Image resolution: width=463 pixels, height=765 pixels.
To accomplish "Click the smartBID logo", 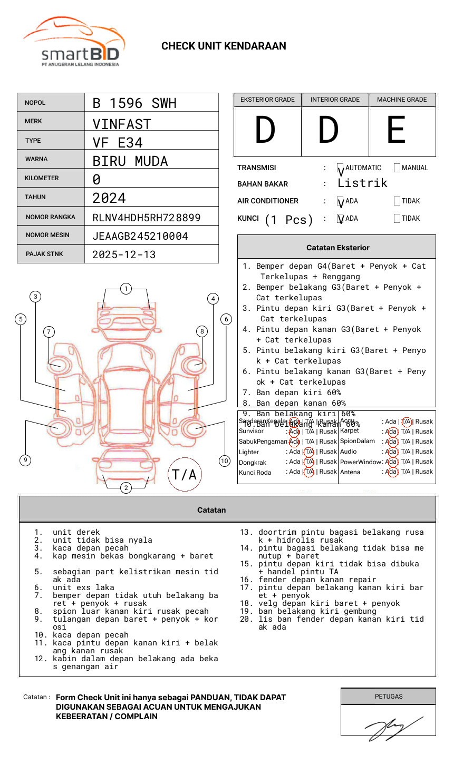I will [74, 43].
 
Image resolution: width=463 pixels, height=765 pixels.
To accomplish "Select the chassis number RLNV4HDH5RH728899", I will [146, 218].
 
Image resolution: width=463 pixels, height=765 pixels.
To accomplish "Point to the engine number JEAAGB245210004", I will [140, 236].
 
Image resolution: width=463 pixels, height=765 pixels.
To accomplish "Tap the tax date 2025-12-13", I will [124, 255].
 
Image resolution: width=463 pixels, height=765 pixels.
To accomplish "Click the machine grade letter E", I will [396, 130].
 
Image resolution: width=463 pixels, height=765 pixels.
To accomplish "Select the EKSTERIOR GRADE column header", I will [267, 100].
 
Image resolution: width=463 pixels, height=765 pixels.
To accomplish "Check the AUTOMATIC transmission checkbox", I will [341, 168].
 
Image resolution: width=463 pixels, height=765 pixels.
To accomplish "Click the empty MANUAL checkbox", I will [397, 168].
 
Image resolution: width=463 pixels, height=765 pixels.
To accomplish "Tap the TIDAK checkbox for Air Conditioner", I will [397, 201].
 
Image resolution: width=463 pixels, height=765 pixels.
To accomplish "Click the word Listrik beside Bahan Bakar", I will [362, 183].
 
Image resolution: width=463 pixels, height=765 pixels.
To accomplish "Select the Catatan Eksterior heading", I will [337, 248].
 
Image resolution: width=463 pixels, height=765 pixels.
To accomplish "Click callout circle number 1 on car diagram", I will [126, 289].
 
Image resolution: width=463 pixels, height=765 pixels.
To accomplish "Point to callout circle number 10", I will [225, 461].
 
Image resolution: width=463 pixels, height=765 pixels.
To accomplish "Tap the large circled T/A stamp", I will [184, 475].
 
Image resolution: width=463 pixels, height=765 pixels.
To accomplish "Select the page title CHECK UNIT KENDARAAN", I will [224, 46].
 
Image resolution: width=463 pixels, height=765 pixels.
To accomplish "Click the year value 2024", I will [109, 198].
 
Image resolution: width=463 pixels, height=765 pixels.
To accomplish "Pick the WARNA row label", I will [36, 159].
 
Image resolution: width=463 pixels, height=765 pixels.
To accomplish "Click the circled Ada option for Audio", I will [391, 452].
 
